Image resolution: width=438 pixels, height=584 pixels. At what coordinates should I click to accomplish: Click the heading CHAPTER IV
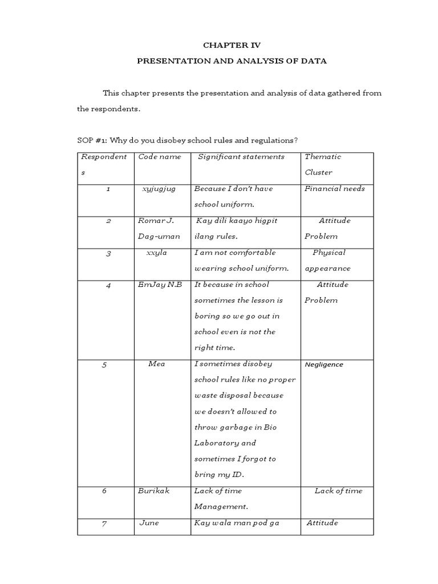pos(232,44)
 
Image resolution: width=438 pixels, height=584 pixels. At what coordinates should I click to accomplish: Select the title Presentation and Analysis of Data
pos(232,61)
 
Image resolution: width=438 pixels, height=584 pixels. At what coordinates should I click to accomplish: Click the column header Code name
pos(160,157)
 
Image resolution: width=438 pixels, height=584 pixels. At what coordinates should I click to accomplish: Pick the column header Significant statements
pos(241,157)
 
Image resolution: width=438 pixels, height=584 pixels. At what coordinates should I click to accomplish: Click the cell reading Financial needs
pos(335,189)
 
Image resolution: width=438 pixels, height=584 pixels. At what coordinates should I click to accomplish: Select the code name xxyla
pos(157,253)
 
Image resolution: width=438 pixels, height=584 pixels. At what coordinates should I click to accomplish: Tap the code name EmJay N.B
pos(160,285)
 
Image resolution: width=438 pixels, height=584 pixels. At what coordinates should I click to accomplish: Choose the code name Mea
pos(157,364)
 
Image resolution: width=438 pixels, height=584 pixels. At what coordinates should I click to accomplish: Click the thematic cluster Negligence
pos(324,364)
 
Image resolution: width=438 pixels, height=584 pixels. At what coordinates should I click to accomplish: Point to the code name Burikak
pos(153,490)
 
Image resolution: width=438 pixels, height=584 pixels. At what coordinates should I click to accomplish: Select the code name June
pos(149,522)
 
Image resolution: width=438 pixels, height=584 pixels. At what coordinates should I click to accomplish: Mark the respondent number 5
pos(104,365)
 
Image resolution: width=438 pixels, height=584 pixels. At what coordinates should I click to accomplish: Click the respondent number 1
pos(108,189)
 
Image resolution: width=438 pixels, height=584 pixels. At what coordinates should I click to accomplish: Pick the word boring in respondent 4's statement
pos(205,316)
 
